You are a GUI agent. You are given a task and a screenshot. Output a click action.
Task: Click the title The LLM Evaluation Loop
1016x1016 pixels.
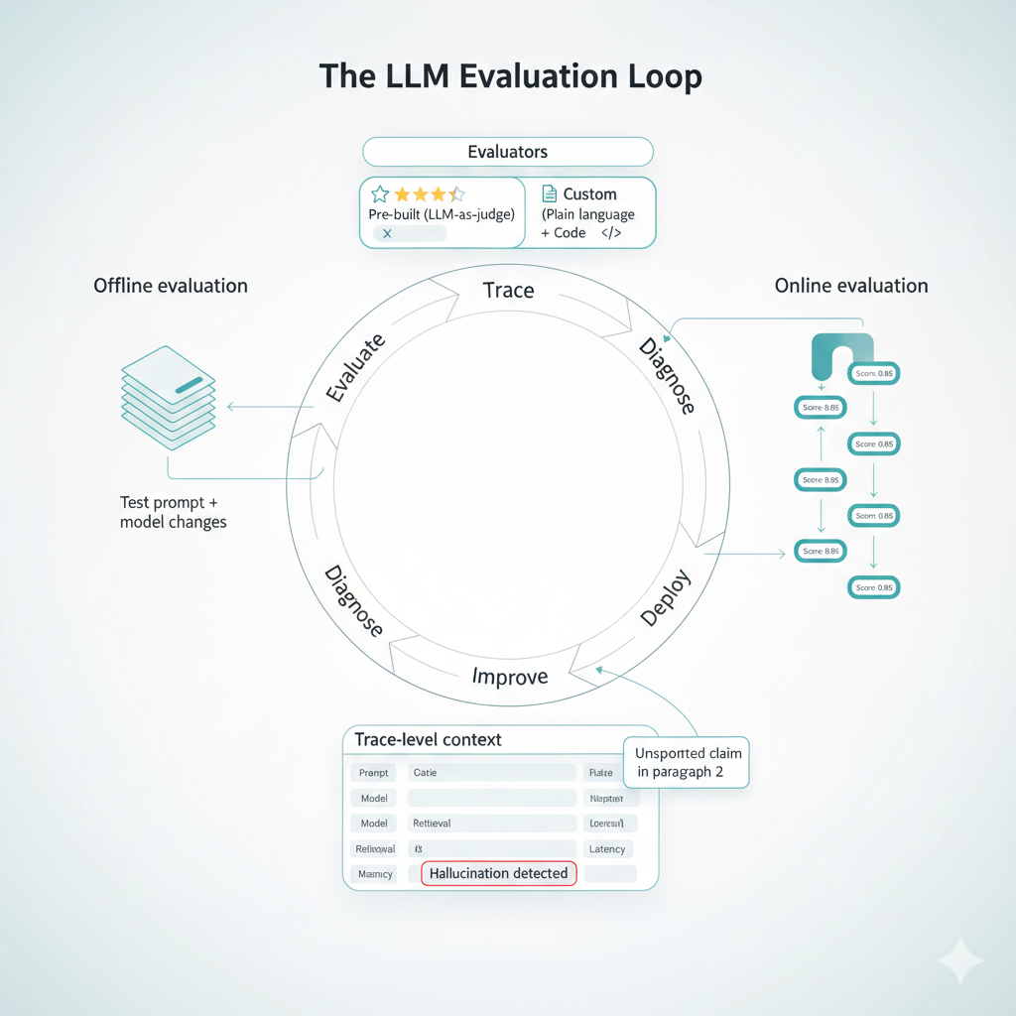pyautogui.click(x=508, y=77)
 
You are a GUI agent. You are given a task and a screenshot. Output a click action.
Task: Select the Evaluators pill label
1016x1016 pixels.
pyautogui.click(x=508, y=152)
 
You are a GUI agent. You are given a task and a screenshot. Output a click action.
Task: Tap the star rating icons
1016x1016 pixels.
pyautogui.click(x=417, y=194)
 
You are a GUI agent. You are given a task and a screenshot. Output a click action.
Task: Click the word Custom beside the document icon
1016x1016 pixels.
pyautogui.click(x=589, y=194)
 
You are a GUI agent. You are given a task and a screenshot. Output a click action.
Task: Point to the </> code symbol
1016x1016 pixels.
pyautogui.click(x=611, y=233)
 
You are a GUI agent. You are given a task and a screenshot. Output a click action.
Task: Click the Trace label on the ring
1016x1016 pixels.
pyautogui.click(x=508, y=291)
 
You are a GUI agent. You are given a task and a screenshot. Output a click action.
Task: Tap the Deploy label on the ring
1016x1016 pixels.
pyautogui.click(x=665, y=598)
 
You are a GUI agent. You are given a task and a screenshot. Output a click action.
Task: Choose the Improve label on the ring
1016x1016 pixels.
pyautogui.click(x=510, y=677)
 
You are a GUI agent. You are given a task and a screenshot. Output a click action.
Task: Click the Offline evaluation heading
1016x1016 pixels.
pyautogui.click(x=171, y=286)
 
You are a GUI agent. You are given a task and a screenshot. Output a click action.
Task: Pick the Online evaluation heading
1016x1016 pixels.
pyautogui.click(x=851, y=286)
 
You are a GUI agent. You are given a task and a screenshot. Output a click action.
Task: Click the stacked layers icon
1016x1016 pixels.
pyautogui.click(x=168, y=398)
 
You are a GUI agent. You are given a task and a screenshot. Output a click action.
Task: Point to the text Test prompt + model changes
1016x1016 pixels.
pyautogui.click(x=173, y=512)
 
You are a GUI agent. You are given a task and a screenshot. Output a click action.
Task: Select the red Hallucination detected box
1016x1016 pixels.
pyautogui.click(x=499, y=873)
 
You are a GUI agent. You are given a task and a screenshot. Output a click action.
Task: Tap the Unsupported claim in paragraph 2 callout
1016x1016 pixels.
pyautogui.click(x=688, y=762)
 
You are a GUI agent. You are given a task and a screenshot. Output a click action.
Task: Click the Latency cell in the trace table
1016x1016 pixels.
pyautogui.click(x=607, y=849)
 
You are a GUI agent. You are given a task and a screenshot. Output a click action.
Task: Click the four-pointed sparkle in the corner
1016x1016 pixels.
pyautogui.click(x=960, y=960)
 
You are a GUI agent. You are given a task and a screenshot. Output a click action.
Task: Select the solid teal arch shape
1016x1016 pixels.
pyautogui.click(x=841, y=355)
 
